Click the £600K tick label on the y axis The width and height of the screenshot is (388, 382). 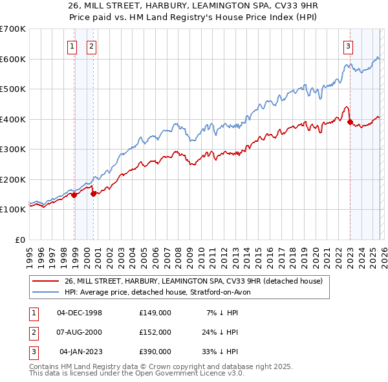(13, 59)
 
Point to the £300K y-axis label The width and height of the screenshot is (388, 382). (13, 150)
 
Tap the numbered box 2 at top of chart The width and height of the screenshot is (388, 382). (91, 46)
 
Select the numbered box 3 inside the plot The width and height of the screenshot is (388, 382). (348, 46)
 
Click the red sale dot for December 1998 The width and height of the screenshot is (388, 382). (74, 195)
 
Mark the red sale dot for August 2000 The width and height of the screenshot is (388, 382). (94, 194)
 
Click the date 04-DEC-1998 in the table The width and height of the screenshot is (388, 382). (80, 313)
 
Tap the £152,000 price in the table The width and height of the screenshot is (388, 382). (155, 332)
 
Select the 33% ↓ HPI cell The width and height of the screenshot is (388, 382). (221, 352)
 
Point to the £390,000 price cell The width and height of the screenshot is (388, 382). (155, 352)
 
